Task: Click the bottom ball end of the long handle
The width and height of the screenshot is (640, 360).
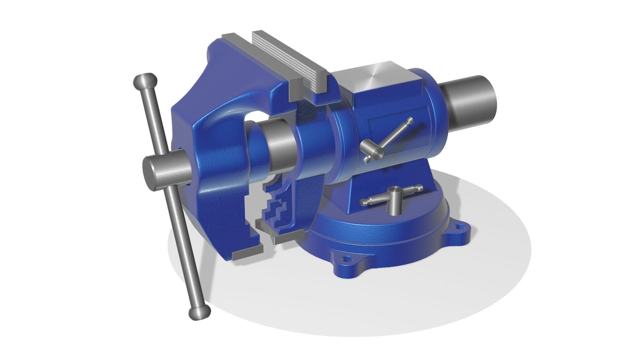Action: (199, 313)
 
